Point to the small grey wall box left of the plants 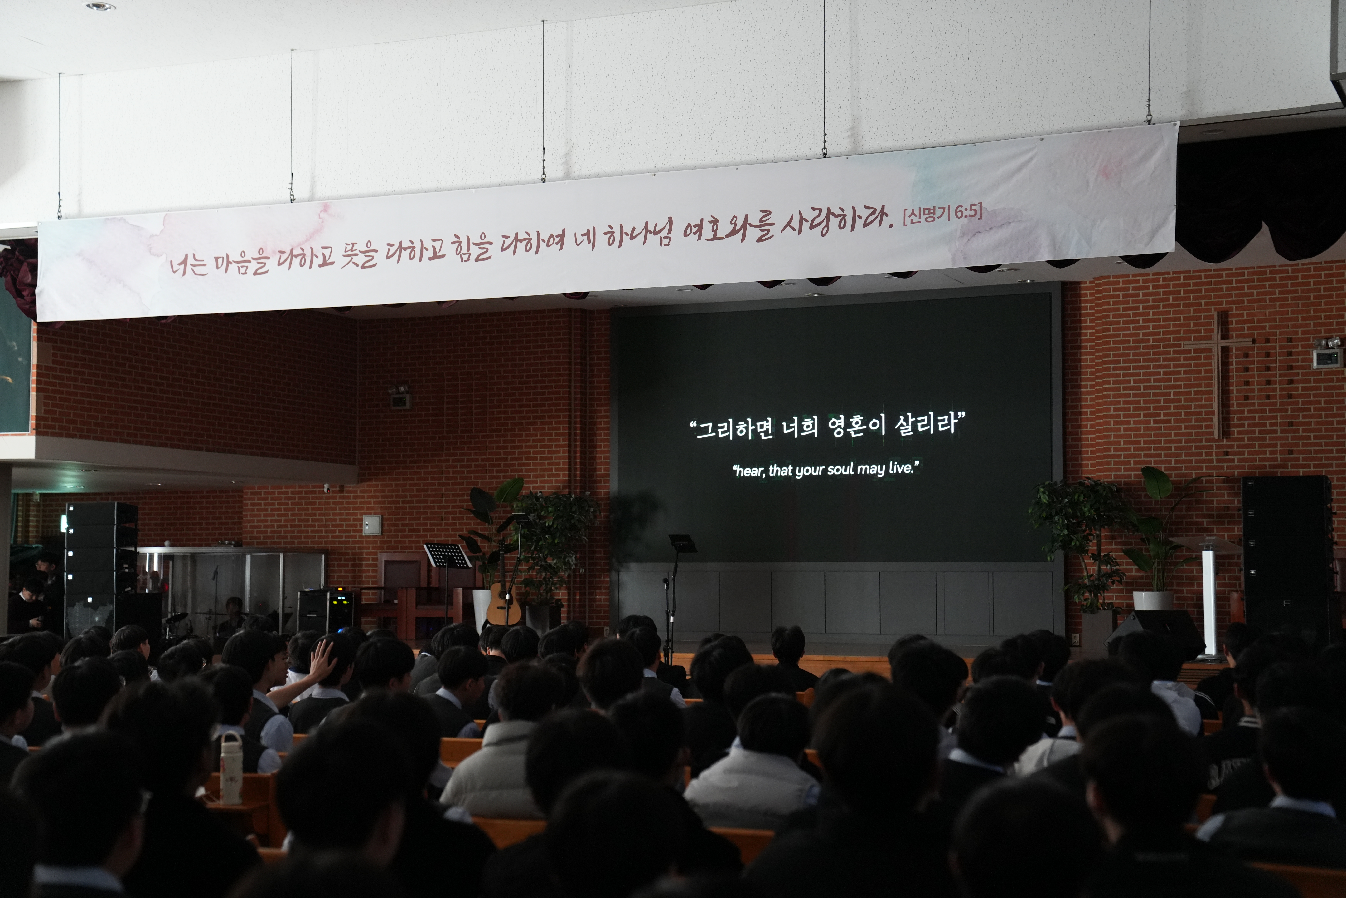(x=371, y=525)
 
